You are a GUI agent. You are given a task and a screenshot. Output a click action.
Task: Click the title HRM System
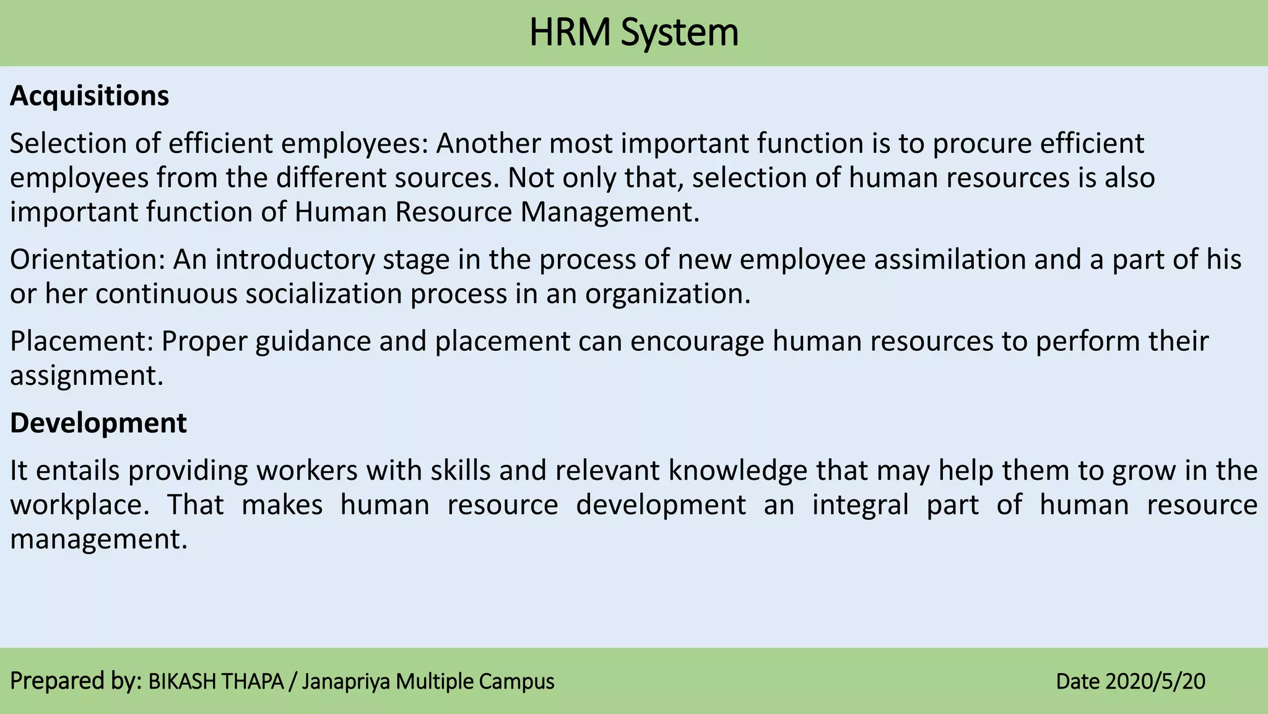pos(633,33)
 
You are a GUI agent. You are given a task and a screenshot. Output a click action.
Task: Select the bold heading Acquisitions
pos(89,96)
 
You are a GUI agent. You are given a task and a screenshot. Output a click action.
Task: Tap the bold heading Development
pos(98,423)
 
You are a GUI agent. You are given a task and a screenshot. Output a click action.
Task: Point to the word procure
pos(983,144)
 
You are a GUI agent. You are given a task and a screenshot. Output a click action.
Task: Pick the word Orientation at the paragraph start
pos(87,260)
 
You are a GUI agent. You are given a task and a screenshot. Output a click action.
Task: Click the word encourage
pos(697,342)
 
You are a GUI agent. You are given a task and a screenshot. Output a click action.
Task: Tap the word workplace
pos(79,505)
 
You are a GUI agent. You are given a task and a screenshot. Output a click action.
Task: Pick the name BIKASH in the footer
pos(183,682)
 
